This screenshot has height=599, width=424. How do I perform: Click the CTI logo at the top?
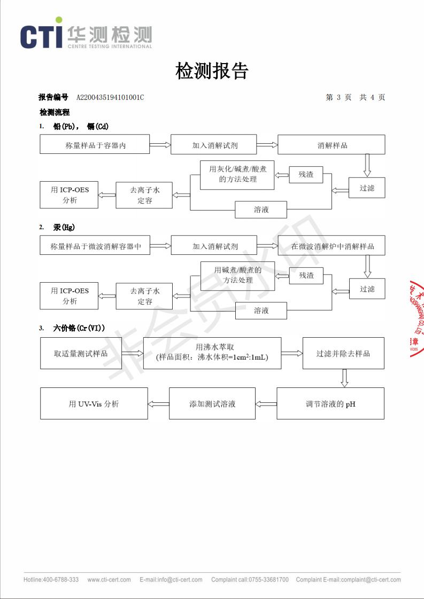[x=86, y=36]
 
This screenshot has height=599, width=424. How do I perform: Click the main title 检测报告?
[x=212, y=71]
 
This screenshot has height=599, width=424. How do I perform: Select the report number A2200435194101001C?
[x=110, y=97]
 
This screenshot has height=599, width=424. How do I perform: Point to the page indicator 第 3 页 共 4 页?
[x=355, y=97]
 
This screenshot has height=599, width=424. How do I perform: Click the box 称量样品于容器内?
[x=95, y=145]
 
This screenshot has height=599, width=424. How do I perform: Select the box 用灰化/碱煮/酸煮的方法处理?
[x=237, y=175]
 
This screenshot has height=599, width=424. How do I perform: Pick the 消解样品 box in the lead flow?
[x=332, y=145]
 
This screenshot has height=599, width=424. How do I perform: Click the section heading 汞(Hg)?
[x=64, y=228]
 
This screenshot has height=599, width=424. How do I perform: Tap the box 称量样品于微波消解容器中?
[x=95, y=246]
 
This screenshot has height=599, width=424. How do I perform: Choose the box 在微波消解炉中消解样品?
[x=332, y=246]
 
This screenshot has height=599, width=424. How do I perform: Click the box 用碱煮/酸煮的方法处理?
[x=237, y=276]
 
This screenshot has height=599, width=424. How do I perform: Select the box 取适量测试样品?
[x=80, y=353]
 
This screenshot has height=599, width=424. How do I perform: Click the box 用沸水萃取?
[x=212, y=353]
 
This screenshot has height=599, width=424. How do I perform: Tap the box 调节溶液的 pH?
[x=330, y=404]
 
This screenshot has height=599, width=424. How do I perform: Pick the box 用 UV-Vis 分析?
[x=94, y=404]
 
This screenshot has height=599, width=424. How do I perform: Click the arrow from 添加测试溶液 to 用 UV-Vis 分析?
[x=158, y=404]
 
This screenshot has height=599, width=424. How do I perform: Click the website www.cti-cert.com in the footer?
[x=109, y=580]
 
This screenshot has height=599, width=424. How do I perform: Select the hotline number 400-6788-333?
[x=60, y=580]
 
